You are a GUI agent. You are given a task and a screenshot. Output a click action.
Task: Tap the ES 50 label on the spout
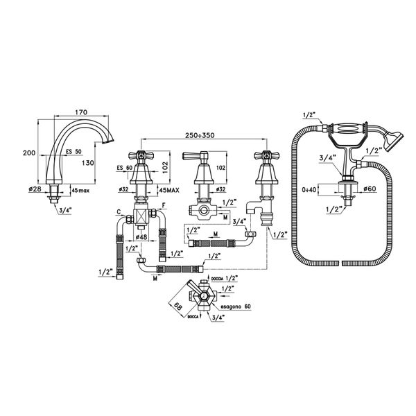(73, 152)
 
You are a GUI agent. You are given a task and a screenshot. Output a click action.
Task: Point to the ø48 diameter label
(142, 237)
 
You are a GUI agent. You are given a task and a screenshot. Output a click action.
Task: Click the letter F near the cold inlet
(162, 205)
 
